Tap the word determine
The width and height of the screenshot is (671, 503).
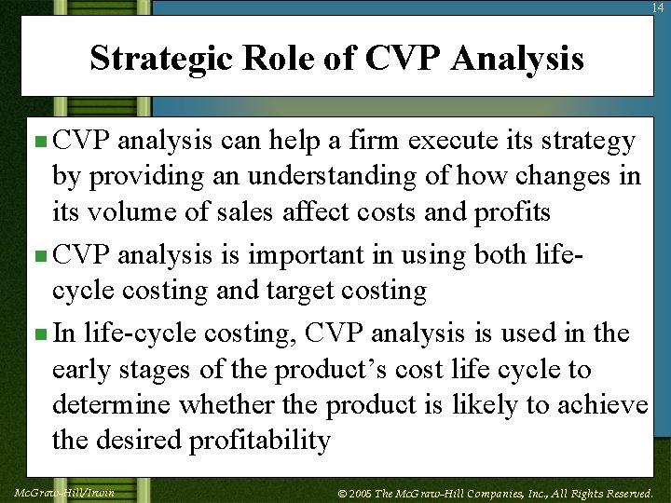[x=112, y=404]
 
